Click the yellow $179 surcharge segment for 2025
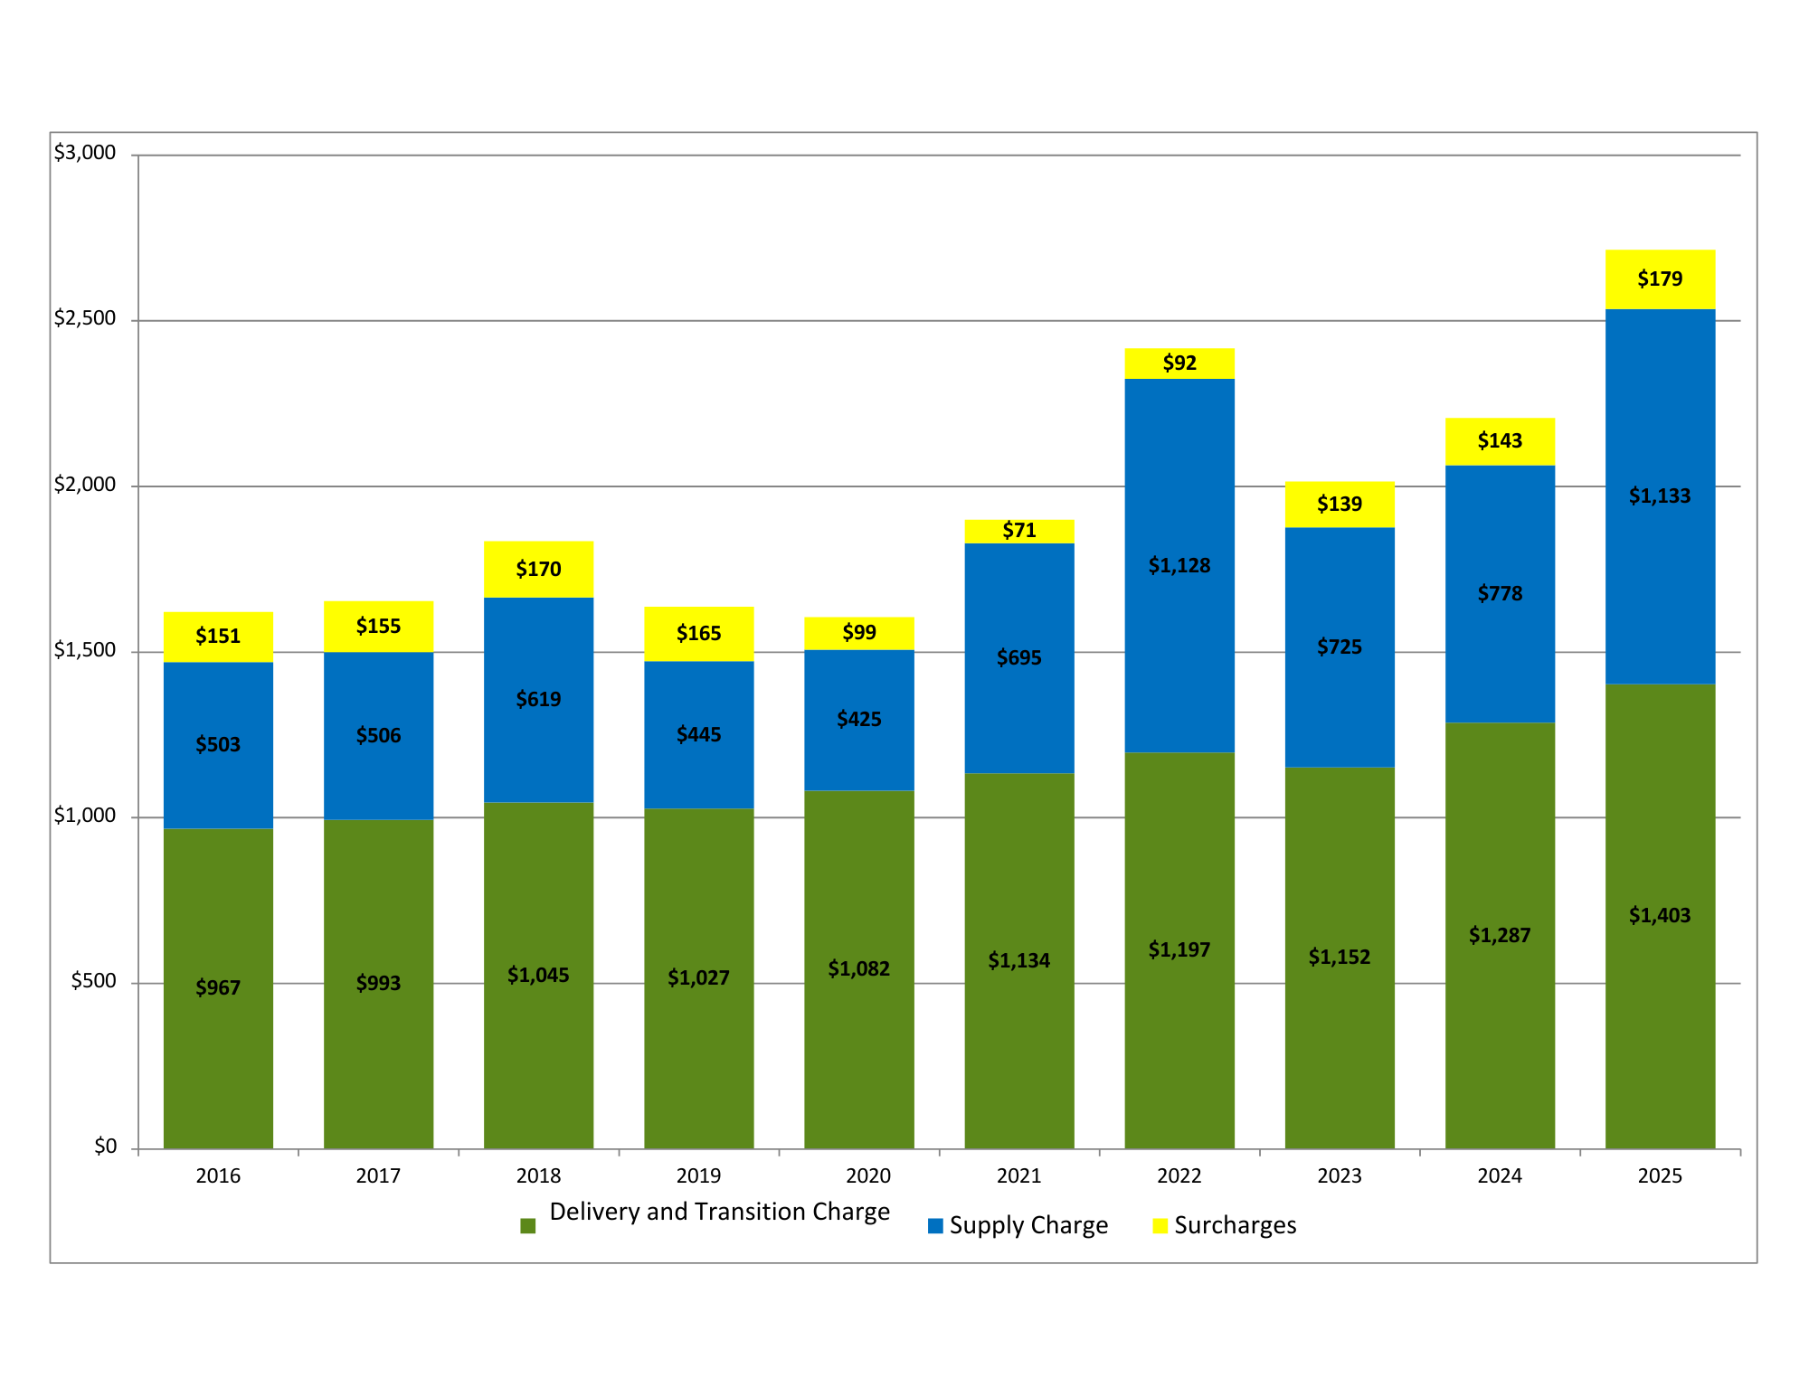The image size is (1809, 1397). click(1660, 279)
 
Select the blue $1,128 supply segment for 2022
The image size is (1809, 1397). click(1179, 565)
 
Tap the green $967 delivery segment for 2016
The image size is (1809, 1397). click(218, 988)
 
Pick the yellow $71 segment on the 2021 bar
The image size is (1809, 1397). click(1019, 531)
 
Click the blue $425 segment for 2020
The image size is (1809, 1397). click(858, 720)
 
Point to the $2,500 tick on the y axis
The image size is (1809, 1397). click(85, 318)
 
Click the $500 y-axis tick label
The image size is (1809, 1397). click(93, 981)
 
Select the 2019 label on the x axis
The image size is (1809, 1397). click(698, 1175)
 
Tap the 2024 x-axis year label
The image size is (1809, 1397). click(1499, 1175)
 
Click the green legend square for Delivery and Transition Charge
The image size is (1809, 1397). click(528, 1226)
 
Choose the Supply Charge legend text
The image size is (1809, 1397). click(1028, 1225)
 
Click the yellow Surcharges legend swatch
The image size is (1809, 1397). click(1160, 1225)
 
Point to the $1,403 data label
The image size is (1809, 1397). click(1660, 915)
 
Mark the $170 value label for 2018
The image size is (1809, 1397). click(538, 569)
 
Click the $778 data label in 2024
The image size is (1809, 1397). click(1500, 593)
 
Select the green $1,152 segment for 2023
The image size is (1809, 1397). click(1340, 958)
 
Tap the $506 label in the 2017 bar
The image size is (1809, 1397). click(378, 735)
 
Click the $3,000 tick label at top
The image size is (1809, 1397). click(85, 153)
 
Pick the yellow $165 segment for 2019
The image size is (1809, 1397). click(698, 633)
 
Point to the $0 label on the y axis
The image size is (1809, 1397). click(106, 1147)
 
